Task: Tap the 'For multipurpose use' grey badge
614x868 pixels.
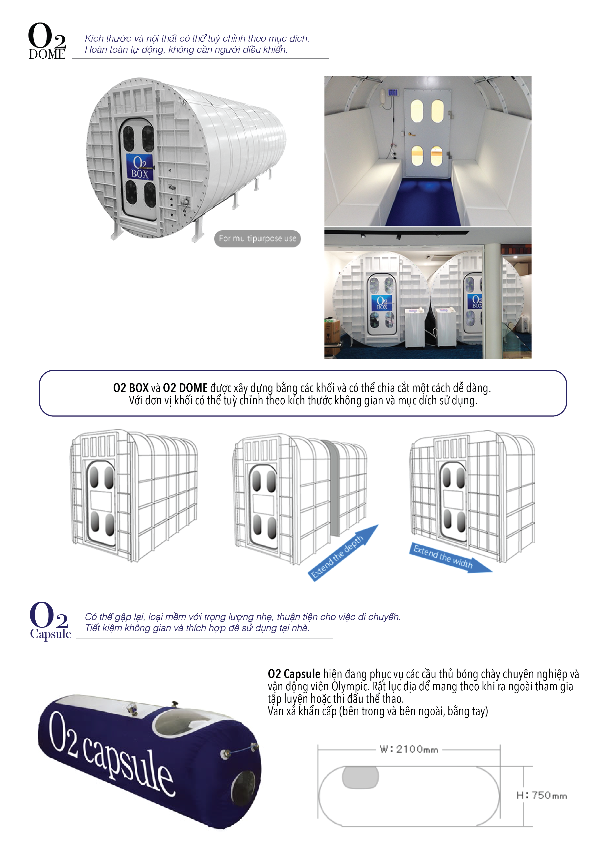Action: [x=257, y=239]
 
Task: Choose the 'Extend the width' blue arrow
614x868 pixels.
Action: [x=450, y=558]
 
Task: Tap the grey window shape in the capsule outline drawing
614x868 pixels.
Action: [x=360, y=778]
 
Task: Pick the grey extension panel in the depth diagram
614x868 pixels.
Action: [x=335, y=488]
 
